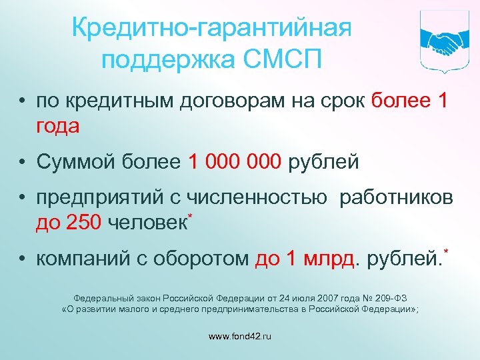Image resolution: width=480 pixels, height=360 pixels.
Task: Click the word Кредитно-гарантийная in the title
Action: pyautogui.click(x=211, y=28)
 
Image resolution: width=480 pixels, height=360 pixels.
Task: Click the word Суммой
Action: pyautogui.click(x=78, y=161)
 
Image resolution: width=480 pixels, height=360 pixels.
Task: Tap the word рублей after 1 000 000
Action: pyautogui.click(x=323, y=161)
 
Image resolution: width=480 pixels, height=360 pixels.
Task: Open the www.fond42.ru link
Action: pyautogui.click(x=240, y=337)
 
